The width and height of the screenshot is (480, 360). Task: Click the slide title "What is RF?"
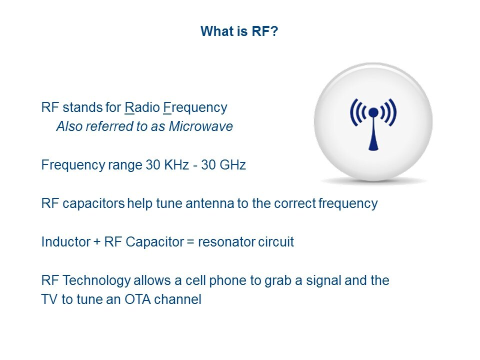[x=239, y=31]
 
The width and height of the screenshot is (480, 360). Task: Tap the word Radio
[x=142, y=107]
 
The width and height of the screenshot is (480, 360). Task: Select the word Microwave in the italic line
[x=201, y=126]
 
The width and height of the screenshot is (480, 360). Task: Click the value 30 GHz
[x=223, y=164]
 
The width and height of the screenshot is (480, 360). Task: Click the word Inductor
[x=66, y=242]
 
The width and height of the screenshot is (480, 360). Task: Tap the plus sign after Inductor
[x=97, y=242]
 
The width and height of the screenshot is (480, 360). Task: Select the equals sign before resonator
[x=190, y=242]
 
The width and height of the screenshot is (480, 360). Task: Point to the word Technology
[x=96, y=281]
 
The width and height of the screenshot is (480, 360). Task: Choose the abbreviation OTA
[x=137, y=299]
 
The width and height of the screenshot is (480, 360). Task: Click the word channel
[x=177, y=299]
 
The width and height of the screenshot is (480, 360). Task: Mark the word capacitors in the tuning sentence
[x=93, y=204]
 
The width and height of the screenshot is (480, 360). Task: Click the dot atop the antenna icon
[x=373, y=112]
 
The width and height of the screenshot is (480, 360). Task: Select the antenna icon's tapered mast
[x=373, y=134]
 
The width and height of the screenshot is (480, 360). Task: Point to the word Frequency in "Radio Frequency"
[x=195, y=108]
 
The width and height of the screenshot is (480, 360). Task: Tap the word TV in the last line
[x=49, y=299]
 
